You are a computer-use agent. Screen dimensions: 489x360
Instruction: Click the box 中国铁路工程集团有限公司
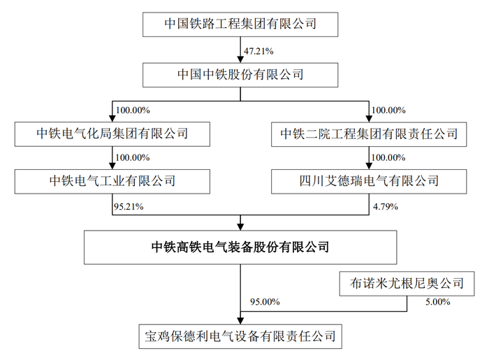(x=240, y=24)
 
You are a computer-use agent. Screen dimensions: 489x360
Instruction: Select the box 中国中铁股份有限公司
(x=240, y=75)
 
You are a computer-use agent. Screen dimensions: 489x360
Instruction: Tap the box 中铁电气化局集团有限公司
(x=112, y=134)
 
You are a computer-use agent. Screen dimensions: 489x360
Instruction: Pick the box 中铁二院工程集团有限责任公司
(x=369, y=134)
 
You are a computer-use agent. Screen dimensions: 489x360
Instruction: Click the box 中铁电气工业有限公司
(x=112, y=182)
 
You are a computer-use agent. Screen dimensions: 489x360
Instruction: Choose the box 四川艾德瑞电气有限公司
(x=369, y=182)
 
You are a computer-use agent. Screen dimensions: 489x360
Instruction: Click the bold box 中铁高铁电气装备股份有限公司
(x=240, y=247)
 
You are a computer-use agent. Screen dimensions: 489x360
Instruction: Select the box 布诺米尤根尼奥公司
(x=407, y=284)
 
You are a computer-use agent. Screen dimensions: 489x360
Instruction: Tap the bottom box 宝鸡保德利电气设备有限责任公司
(x=240, y=337)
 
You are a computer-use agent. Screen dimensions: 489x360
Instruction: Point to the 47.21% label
(x=258, y=51)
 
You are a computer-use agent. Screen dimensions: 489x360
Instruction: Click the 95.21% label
(x=129, y=206)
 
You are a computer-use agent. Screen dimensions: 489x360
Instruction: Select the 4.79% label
(x=386, y=206)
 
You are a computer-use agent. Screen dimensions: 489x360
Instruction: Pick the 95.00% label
(x=265, y=302)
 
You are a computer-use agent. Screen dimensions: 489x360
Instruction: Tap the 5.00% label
(x=438, y=302)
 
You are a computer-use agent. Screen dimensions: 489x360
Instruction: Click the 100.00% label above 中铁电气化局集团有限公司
(x=133, y=110)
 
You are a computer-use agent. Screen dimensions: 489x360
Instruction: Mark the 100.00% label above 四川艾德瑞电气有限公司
(x=388, y=157)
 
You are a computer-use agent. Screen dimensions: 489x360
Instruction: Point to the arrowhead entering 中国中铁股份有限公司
(x=240, y=59)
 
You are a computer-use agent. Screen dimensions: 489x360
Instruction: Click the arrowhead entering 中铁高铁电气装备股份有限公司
(x=240, y=227)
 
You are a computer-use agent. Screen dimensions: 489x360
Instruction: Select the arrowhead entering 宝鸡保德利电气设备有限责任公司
(x=240, y=321)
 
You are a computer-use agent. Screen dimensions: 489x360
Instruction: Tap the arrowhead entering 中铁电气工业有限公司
(x=112, y=166)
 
